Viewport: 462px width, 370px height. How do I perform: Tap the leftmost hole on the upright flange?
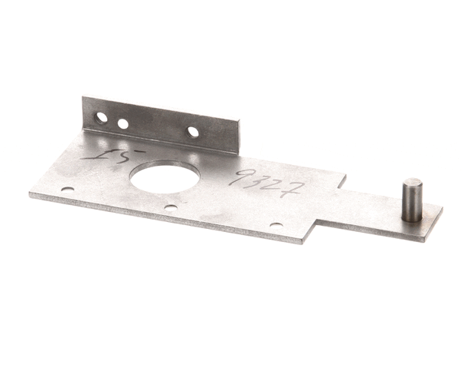pyautogui.click(x=101, y=118)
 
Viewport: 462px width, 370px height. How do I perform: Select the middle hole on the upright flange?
pyautogui.click(x=122, y=123)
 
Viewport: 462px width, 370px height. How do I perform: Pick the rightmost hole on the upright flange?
pyautogui.click(x=193, y=132)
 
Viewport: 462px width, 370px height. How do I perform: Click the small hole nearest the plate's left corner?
pyautogui.click(x=68, y=188)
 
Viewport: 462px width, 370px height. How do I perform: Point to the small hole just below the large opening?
pyautogui.click(x=170, y=207)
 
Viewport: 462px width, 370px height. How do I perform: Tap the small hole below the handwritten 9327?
pyautogui.click(x=276, y=224)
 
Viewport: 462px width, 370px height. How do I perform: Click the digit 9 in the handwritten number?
pyautogui.click(x=246, y=178)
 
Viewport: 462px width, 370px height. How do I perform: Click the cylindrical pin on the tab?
pyautogui.click(x=413, y=200)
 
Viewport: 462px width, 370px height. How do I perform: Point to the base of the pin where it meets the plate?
pyautogui.click(x=413, y=219)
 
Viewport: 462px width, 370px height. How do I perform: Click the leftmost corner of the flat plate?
pyautogui.click(x=30, y=195)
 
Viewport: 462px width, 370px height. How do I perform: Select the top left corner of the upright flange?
pyautogui.click(x=83, y=98)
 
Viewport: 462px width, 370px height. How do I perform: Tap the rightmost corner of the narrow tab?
pyautogui.click(x=442, y=208)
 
